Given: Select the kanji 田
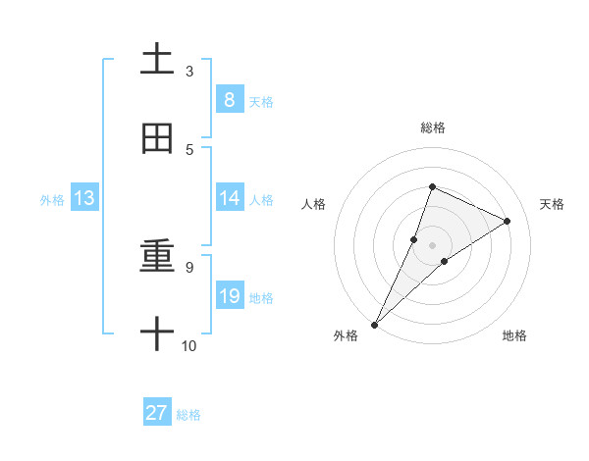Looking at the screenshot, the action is [x=157, y=139].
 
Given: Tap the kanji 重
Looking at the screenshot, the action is [x=157, y=256].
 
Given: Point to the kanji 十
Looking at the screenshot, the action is [x=157, y=333].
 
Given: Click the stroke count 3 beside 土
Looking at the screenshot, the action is [x=189, y=72].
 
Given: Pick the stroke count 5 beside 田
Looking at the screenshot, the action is [x=189, y=149].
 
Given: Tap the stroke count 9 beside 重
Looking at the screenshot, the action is [x=189, y=267].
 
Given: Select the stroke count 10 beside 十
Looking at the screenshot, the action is [x=189, y=345].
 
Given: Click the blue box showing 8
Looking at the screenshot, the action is [x=229, y=99].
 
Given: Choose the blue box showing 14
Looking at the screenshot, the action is [x=229, y=198].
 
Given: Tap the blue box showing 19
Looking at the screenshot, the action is [x=229, y=296].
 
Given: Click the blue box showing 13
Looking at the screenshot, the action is [x=84, y=198].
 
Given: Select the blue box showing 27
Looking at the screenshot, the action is [x=157, y=413].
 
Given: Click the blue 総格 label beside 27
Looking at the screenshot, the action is [x=189, y=415].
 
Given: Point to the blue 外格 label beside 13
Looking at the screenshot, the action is [x=52, y=200].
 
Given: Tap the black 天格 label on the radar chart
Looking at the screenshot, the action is [x=553, y=204].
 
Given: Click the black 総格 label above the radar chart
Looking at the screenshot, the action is [x=432, y=128].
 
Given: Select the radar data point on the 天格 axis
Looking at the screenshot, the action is [x=508, y=221].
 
